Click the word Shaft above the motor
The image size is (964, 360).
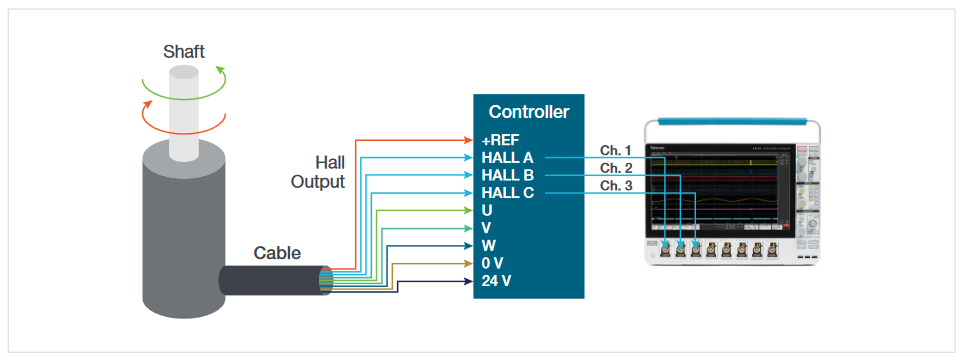tap(185, 51)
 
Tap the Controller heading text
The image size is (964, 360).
tap(528, 112)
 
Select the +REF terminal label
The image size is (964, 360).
tap(501, 140)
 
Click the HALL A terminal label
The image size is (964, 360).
tap(507, 158)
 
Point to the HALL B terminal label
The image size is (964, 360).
tap(507, 175)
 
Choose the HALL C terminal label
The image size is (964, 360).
tap(507, 193)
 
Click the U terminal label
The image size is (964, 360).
tap(487, 210)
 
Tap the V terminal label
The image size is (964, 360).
tap(487, 228)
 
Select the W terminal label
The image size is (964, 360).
tap(488, 245)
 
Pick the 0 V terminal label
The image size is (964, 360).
tap(492, 263)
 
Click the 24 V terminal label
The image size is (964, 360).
tap(496, 280)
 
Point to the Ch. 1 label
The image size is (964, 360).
tap(616, 150)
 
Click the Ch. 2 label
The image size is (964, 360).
tap(616, 168)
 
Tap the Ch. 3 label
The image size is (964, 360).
tap(616, 186)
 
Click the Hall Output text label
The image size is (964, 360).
tap(318, 172)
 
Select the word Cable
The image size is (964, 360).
tap(276, 253)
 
